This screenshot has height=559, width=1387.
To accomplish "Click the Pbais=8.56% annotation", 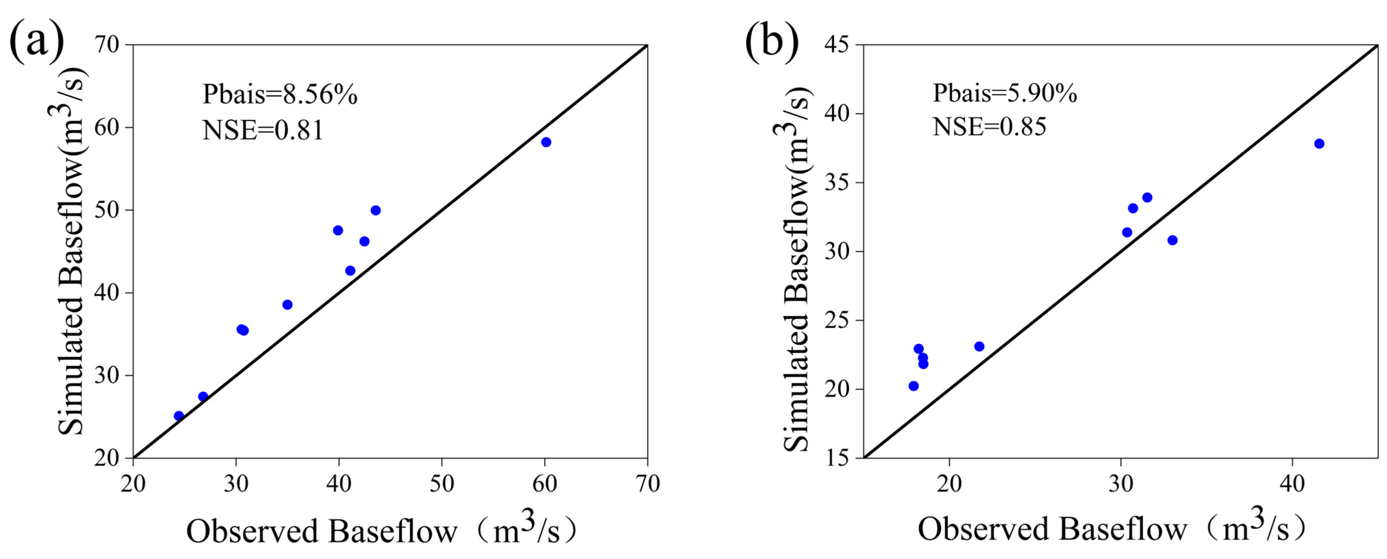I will click(x=279, y=95).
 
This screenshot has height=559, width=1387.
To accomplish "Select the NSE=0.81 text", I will click(x=263, y=130).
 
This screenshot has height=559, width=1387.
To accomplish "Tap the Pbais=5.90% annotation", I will click(x=1005, y=93).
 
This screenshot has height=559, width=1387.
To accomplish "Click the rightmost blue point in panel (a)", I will click(x=546, y=142).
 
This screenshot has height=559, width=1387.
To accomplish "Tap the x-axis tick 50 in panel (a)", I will click(x=442, y=484).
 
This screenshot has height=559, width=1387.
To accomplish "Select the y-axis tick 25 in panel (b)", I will click(x=836, y=320).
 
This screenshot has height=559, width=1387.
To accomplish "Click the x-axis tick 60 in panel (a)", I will click(x=544, y=484).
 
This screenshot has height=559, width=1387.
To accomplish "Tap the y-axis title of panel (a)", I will click(x=72, y=251).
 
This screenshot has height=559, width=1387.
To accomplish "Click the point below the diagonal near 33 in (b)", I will click(x=1172, y=240).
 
